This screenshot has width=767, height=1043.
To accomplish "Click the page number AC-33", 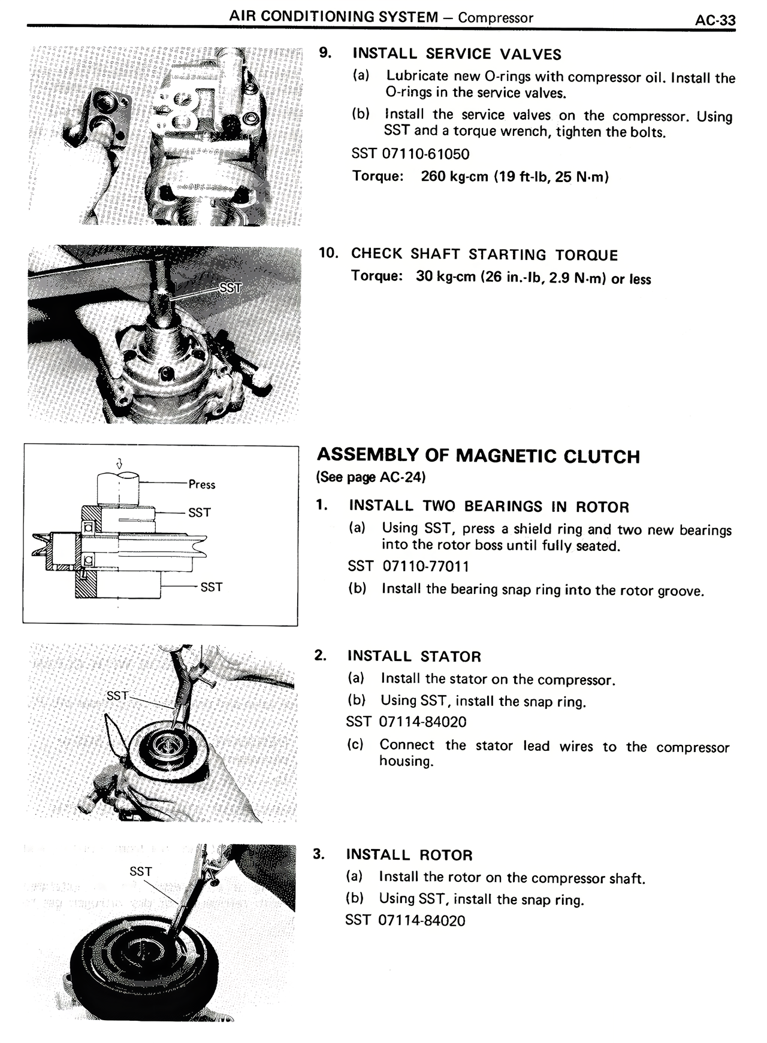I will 715,20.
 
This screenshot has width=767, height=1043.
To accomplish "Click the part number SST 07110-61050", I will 410,154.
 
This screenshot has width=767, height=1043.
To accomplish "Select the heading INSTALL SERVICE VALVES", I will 457,54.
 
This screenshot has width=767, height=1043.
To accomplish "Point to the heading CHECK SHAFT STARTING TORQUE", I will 484,254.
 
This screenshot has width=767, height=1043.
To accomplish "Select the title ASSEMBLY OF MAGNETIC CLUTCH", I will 478,456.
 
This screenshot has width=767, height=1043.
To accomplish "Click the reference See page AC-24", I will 371,477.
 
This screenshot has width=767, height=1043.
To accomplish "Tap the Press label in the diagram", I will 201,484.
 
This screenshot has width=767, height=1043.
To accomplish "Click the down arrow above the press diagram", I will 119,463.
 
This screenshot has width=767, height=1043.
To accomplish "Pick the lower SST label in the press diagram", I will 212,587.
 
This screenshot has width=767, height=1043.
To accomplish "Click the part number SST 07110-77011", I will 409,566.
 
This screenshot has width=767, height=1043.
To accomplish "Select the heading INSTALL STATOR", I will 413,656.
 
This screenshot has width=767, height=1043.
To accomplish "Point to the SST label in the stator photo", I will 117,696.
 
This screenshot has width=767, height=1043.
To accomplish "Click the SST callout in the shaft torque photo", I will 230,288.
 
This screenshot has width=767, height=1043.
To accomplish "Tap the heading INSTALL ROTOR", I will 409,855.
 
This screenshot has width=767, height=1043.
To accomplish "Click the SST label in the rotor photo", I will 141,872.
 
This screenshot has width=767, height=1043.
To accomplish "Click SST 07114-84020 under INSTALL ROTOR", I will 405,920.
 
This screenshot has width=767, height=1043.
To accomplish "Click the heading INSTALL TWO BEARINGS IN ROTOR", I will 489,507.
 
